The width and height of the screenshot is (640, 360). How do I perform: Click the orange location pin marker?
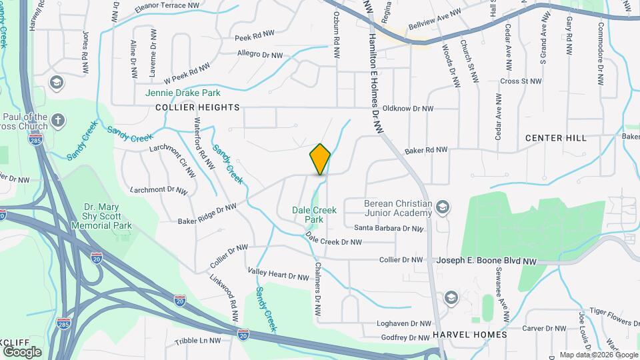[321, 159]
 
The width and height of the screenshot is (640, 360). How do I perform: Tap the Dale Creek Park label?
[314, 214]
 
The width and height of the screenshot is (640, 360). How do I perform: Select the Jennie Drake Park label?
[183, 93]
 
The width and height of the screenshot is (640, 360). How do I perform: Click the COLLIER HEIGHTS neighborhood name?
[187, 107]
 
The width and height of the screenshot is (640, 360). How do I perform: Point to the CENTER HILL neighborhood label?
[556, 138]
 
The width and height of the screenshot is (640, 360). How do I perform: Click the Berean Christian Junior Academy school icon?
[441, 209]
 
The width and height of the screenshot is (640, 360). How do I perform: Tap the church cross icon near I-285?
[58, 121]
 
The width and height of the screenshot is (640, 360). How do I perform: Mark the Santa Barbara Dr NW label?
[389, 228]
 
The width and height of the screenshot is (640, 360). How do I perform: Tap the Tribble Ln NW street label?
[197, 340]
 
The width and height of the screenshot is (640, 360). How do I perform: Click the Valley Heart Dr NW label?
[278, 273]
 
